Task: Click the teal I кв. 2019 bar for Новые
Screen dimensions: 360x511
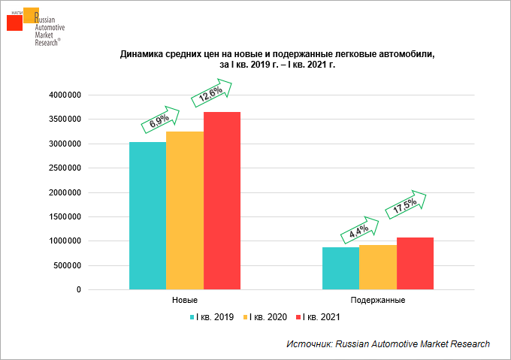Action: coord(147,216)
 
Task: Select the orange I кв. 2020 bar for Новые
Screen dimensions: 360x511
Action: coord(185,210)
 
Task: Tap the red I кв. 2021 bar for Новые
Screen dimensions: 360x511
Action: coord(222,201)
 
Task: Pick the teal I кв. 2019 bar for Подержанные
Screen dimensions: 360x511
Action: coord(340,268)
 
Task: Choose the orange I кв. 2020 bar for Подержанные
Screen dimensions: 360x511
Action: coord(378,267)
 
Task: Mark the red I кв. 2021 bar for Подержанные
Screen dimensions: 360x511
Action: coord(415,263)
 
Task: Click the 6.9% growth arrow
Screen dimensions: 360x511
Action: coord(160,118)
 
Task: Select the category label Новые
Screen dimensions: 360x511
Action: coord(185,301)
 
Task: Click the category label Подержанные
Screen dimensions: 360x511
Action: coord(378,301)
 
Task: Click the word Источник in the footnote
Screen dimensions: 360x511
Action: coord(309,343)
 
